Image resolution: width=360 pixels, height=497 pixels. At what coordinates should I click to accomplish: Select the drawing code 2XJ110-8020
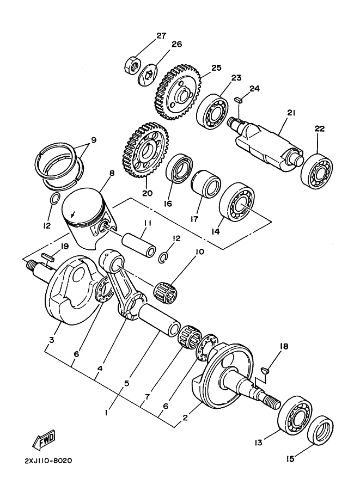48,461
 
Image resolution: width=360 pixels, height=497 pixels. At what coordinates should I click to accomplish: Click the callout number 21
291,113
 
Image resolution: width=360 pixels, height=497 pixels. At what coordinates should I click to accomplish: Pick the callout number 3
51,340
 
